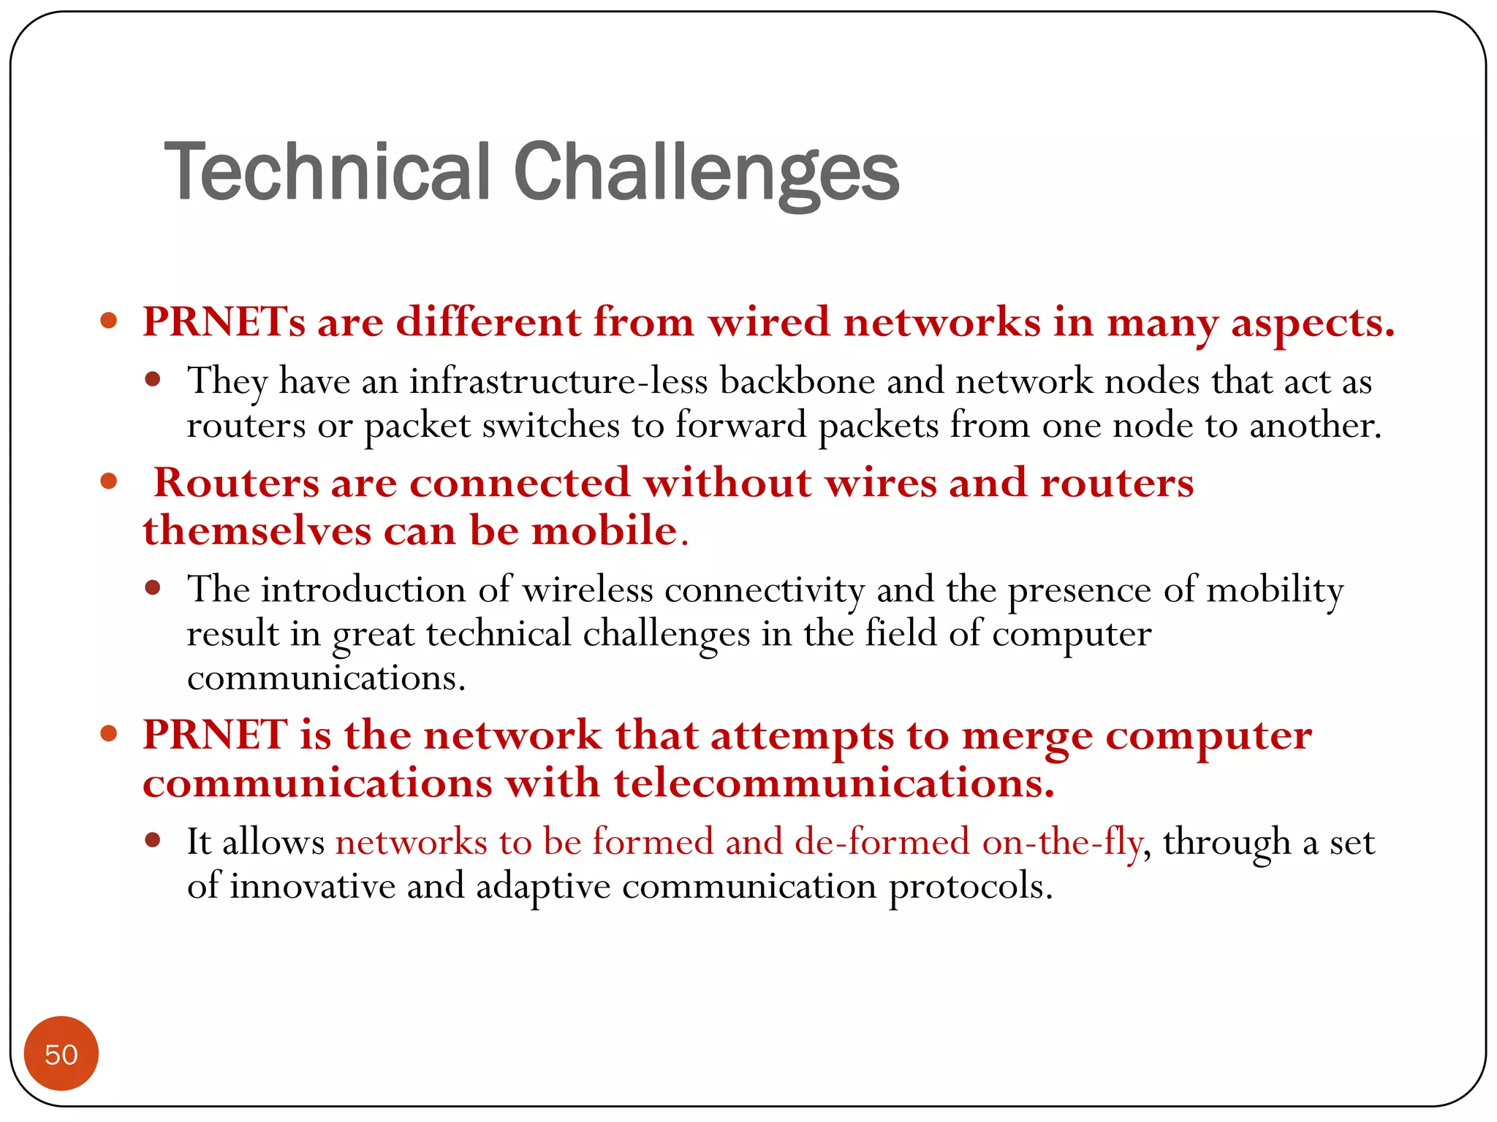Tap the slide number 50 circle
tap(61, 1054)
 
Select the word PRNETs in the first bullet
tap(224, 322)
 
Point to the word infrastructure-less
tap(558, 381)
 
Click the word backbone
tap(797, 381)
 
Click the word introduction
tap(363, 589)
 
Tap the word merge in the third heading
tap(1027, 736)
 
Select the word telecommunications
tap(833, 784)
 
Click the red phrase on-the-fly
tap(1062, 842)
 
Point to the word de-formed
tap(882, 842)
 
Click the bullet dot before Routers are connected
tap(109, 481)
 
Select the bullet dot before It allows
tap(153, 840)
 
